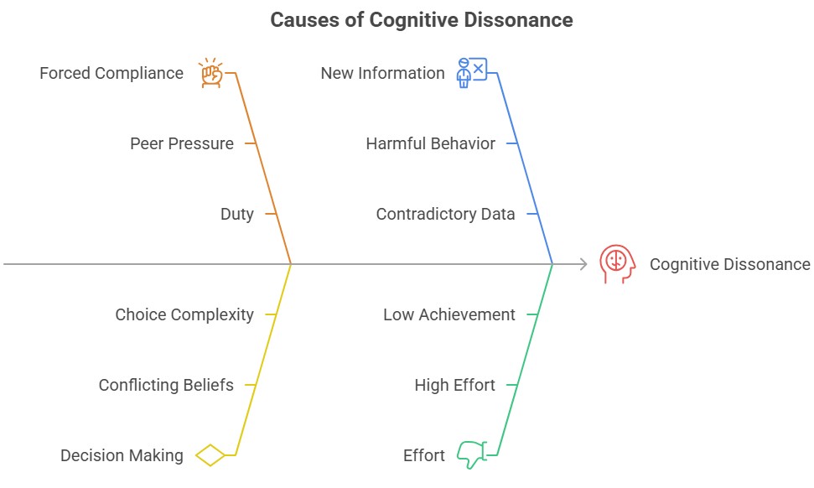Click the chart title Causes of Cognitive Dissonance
tap(421, 20)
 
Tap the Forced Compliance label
tap(111, 73)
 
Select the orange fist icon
tap(210, 73)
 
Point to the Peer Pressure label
tap(181, 143)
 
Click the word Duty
tap(236, 214)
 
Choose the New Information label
tap(382, 73)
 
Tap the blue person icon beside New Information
tap(470, 73)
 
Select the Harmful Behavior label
tap(430, 143)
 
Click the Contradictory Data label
tap(445, 214)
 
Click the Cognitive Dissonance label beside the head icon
tap(729, 264)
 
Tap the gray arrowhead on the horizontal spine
tap(583, 264)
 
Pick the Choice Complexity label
tap(184, 314)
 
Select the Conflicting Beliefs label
tap(166, 385)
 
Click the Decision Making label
tap(122, 455)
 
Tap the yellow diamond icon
tap(210, 455)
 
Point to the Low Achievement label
tap(449, 314)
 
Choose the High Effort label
tap(454, 385)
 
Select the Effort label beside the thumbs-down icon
tap(424, 455)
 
